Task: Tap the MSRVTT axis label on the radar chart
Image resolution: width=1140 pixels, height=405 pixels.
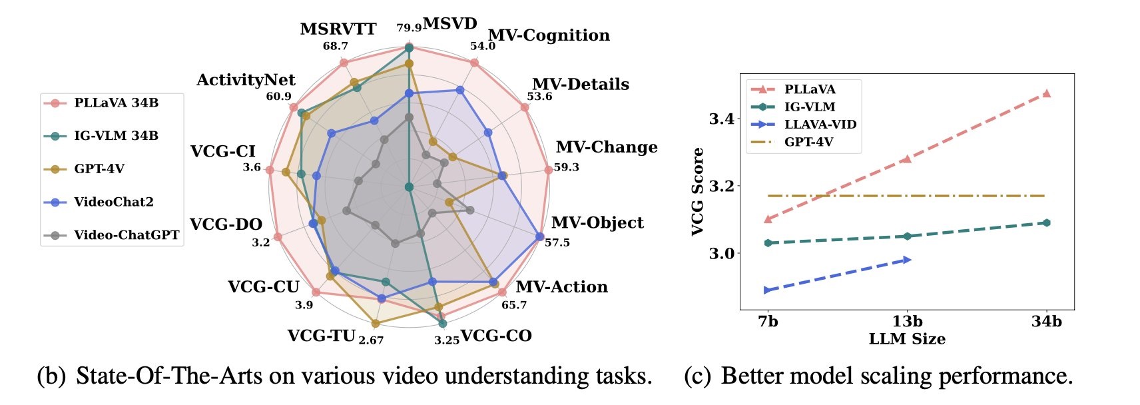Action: pos(338,29)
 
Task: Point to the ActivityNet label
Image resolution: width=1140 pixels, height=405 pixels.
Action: pos(246,80)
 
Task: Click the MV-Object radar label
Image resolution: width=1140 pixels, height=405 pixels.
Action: pos(597,222)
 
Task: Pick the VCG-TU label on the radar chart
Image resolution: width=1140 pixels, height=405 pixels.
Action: pos(321,335)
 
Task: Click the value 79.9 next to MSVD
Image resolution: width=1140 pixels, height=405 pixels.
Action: pos(409,28)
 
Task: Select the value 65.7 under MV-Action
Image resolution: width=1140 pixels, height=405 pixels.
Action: pos(514,305)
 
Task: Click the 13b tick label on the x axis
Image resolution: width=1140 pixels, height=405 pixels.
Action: pos(907,321)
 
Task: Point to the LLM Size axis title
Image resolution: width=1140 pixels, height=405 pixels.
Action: pos(907,339)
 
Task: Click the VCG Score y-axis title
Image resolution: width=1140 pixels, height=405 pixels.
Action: pos(697,192)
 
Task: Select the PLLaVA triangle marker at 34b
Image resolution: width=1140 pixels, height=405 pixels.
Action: pos(1046,93)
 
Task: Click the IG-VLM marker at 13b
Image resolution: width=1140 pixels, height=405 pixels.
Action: pos(907,236)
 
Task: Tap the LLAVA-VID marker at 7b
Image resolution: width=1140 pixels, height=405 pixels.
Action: pos(768,290)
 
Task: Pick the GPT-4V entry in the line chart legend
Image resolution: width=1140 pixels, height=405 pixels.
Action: pos(808,141)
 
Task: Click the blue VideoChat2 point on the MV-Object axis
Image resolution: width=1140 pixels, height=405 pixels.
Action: pos(539,236)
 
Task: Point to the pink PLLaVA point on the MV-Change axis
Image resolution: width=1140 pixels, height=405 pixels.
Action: pos(548,170)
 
